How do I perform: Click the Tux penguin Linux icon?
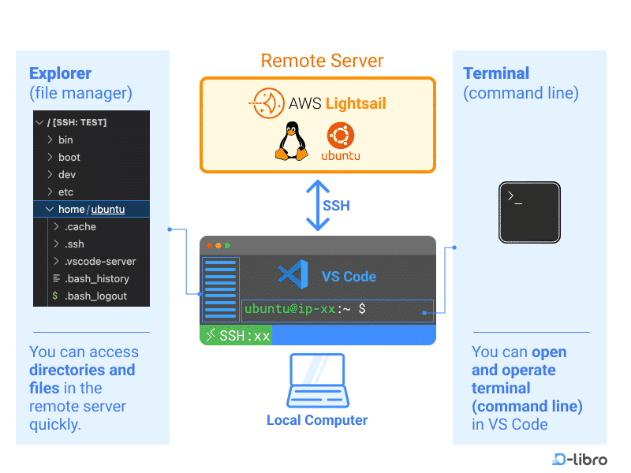(291, 142)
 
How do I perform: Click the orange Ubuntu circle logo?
(341, 136)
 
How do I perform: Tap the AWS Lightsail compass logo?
(267, 103)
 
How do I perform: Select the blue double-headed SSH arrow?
(317, 205)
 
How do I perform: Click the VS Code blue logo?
(293, 275)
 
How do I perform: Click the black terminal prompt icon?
(529, 212)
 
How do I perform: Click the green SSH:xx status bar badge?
(236, 336)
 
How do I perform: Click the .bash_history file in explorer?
(96, 278)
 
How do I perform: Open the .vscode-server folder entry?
(100, 261)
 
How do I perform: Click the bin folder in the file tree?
(65, 140)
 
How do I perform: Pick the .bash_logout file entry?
(95, 296)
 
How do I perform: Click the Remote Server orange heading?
(322, 61)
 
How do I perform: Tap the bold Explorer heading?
(60, 73)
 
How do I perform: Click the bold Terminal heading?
(496, 73)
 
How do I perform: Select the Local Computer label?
(317, 420)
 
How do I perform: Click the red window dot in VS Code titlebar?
(209, 246)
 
